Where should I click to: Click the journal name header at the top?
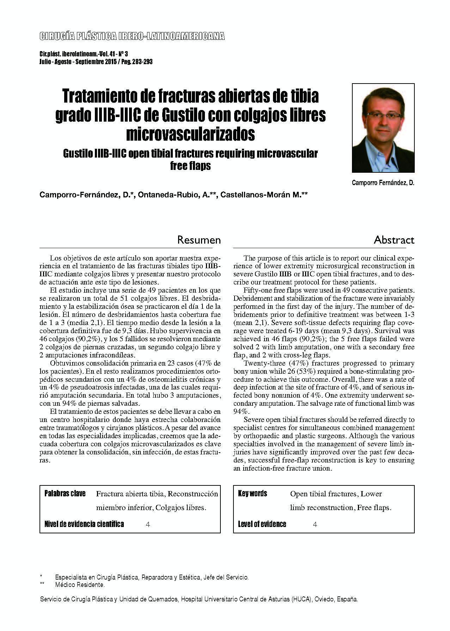point(132,36)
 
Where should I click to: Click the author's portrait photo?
point(383,128)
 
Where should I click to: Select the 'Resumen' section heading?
point(199,240)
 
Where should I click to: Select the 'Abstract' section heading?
point(394,240)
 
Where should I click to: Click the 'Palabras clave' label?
point(65,494)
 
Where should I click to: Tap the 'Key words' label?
point(253,494)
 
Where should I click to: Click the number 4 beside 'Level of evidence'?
point(315,525)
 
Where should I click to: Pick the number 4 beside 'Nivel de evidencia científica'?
point(148,525)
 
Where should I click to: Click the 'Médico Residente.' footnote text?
point(80,585)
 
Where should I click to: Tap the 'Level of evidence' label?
point(262,524)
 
